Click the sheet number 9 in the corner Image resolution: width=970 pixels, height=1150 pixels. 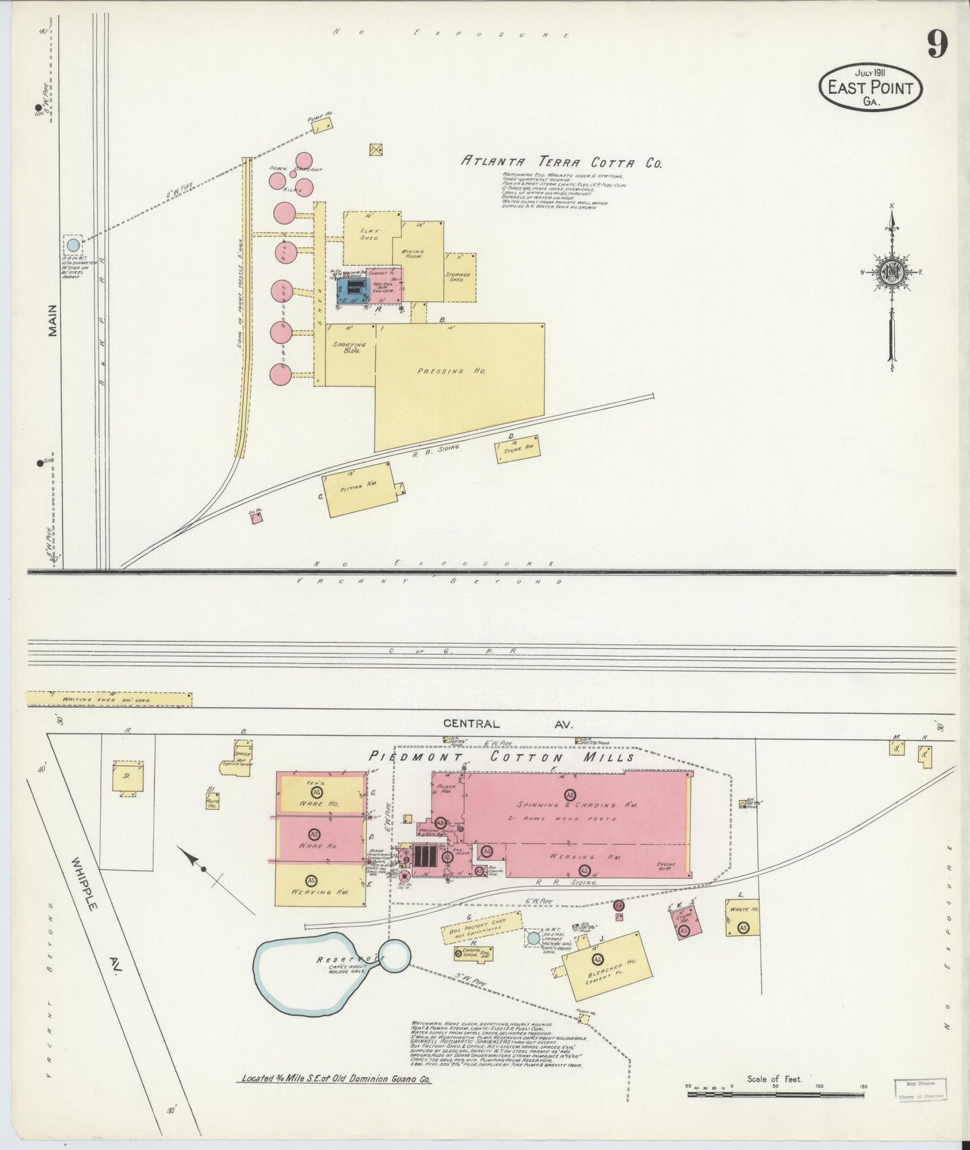point(937,45)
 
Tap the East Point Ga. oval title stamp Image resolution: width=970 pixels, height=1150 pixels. point(870,87)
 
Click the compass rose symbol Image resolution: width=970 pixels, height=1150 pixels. point(891,272)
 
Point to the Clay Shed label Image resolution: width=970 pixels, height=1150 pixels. point(369,234)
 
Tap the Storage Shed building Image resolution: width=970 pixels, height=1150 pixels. point(460,276)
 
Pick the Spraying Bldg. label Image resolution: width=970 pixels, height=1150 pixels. point(348,348)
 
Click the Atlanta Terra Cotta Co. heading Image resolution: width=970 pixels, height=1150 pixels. point(561,162)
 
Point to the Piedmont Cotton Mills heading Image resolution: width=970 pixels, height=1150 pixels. point(501,757)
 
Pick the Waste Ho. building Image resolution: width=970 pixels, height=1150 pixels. point(742,917)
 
